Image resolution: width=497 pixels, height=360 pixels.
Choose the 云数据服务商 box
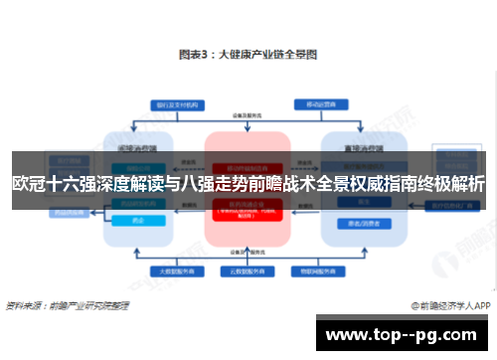[247, 270]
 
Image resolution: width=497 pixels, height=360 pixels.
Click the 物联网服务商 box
[311, 270]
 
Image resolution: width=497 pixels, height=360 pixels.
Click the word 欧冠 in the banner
[27, 184]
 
